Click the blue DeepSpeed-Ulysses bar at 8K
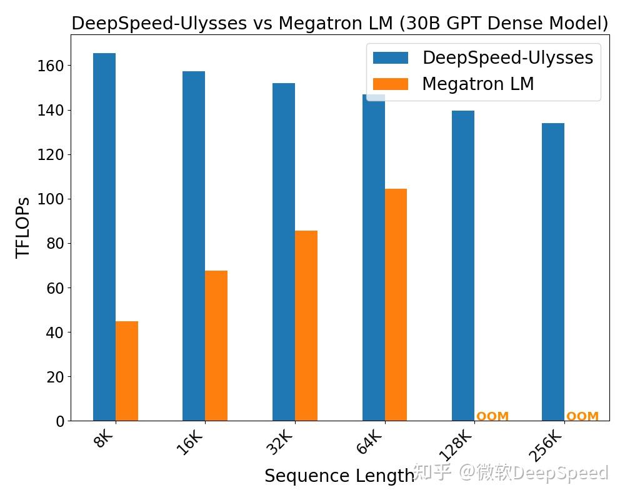coord(104,237)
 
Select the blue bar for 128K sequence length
coord(463,266)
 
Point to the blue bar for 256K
coord(553,272)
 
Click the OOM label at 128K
coord(492,416)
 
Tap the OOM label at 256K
coord(582,416)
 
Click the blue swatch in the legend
coord(391,58)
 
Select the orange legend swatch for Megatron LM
coord(391,84)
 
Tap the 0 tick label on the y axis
coord(60,422)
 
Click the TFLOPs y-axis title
coord(24,227)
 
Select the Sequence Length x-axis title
coord(339,476)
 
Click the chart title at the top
coord(339,23)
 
